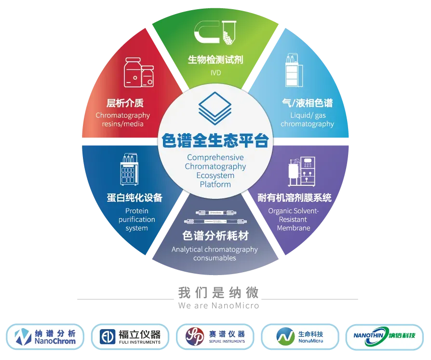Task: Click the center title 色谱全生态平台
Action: tap(215, 142)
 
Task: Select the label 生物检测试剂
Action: tap(215, 60)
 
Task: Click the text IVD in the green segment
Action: tap(215, 73)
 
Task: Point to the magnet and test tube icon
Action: tap(215, 33)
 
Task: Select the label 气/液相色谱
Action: tap(307, 103)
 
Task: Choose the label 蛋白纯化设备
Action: tap(135, 198)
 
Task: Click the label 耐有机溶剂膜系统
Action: tap(295, 198)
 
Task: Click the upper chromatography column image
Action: tap(215, 212)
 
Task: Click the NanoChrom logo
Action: tap(45, 336)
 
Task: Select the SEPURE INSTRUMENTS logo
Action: tap(215, 336)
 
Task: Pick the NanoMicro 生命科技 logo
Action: tap(300, 336)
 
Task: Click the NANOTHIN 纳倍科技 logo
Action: tap(385, 336)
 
